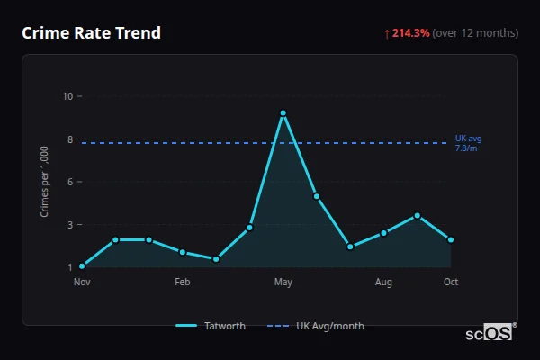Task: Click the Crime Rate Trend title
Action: point(91,33)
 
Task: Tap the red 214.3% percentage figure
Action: point(410,33)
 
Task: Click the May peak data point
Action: point(283,113)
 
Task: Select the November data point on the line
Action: point(82,266)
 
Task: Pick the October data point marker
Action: point(451,239)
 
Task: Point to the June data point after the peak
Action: point(317,196)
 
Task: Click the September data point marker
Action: point(418,215)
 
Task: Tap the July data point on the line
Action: point(350,247)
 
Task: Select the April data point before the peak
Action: point(249,228)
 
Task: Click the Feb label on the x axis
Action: point(182,283)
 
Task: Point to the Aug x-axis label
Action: point(383,283)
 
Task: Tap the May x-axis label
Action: point(283,283)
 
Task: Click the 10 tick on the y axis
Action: point(67,96)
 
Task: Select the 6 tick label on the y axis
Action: point(69,182)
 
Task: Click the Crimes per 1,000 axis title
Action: point(45,182)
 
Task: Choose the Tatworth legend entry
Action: point(211,326)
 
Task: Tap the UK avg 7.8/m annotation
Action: point(468,142)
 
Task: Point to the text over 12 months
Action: point(475,33)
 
